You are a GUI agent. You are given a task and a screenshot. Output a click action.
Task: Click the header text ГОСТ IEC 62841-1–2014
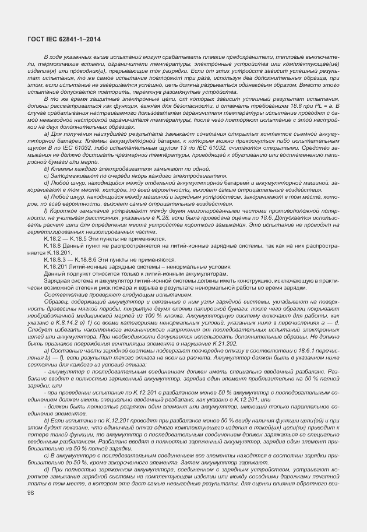click(64, 39)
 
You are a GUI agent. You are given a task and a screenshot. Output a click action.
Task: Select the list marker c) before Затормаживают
click(47, 175)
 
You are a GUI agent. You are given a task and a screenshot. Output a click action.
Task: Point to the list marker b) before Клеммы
click(47, 167)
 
